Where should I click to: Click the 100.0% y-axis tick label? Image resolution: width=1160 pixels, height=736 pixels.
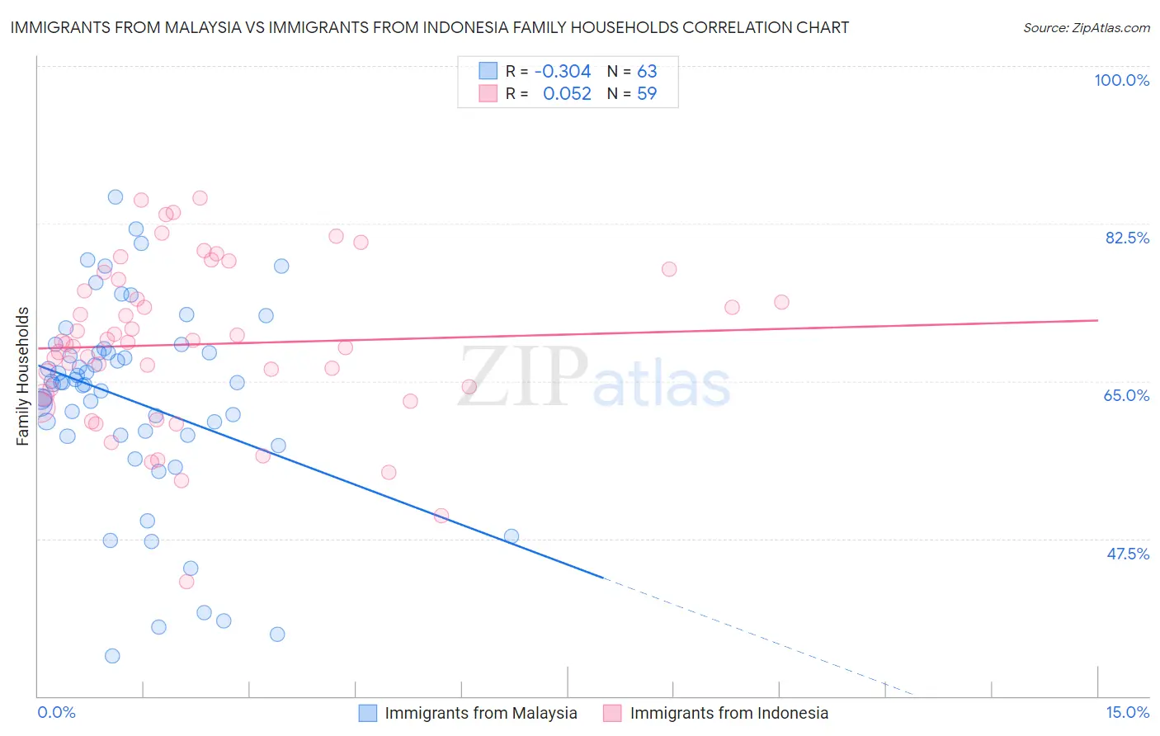point(1121,80)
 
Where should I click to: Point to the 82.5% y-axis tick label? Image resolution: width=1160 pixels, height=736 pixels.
point(1127,238)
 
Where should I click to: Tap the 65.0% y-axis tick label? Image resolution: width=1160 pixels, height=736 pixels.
point(1126,395)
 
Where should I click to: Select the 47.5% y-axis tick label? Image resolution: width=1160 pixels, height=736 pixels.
point(1127,554)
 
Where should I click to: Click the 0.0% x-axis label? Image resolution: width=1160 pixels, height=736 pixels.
point(56,712)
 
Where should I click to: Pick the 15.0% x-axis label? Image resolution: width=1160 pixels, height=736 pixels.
point(1127,712)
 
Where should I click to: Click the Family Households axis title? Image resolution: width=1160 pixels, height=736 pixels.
point(22,376)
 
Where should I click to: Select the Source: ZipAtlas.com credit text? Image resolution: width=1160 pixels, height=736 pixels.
point(1086,27)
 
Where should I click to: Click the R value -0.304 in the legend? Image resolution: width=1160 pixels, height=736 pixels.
point(563,72)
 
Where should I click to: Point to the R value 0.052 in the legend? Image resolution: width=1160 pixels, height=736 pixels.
point(567,94)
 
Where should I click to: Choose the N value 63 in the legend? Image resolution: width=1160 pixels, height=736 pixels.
point(647,72)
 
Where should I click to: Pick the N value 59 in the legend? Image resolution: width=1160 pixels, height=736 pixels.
point(647,94)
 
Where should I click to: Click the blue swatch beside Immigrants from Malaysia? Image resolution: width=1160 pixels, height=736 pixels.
point(368,713)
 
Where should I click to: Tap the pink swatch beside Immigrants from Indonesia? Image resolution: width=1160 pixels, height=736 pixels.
point(612,713)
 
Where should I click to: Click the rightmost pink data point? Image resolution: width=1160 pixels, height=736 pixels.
point(781,302)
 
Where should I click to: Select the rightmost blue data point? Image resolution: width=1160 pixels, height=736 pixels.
point(512,536)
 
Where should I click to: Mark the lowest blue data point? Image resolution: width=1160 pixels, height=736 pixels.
point(112,656)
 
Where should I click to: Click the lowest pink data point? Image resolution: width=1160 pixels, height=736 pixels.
point(186,582)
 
